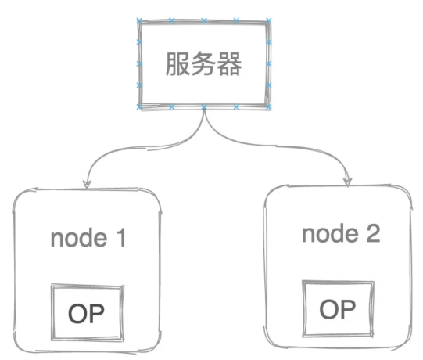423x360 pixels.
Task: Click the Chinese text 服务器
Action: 203,64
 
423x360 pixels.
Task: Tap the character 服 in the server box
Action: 177,64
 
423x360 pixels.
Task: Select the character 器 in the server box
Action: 230,64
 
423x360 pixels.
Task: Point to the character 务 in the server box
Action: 203,64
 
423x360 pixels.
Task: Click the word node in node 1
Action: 79,238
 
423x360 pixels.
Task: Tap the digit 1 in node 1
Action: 121,238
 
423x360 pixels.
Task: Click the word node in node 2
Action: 330,233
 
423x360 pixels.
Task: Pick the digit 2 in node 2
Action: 374,233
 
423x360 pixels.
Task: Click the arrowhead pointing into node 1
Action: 87,185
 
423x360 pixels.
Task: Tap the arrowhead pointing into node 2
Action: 347,182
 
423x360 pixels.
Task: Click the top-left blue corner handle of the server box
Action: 139,20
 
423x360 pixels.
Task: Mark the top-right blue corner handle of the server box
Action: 268,20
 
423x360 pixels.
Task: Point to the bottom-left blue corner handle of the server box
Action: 139,106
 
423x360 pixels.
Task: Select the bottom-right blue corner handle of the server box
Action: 268,107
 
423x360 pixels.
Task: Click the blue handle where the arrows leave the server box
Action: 204,107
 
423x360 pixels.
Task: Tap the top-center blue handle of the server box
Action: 204,20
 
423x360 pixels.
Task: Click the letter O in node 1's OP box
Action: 77,313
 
